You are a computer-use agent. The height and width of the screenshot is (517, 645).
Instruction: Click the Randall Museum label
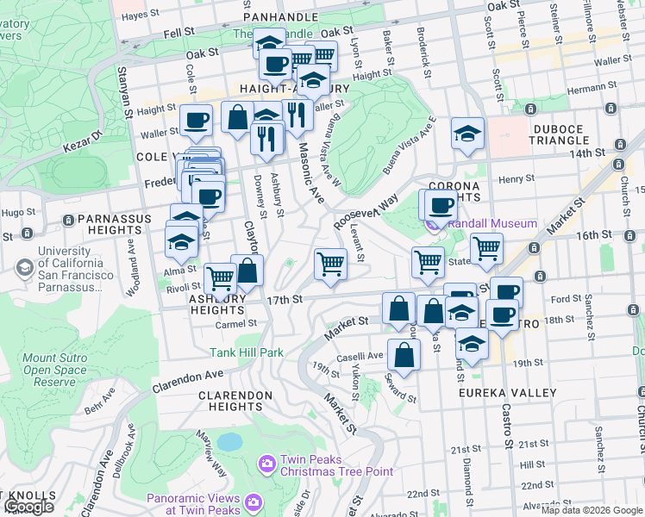coord(494,223)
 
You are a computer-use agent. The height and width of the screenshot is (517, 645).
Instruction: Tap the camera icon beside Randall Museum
coord(434,224)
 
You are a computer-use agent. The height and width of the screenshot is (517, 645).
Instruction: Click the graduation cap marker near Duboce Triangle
coord(467,134)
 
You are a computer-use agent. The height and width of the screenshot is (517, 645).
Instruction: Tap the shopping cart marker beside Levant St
coord(330,262)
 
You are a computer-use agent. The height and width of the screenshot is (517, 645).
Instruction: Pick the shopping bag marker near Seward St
coord(403,353)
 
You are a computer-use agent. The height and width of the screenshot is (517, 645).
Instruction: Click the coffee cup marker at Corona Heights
coord(441,205)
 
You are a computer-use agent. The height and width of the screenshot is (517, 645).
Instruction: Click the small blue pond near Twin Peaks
coord(229,442)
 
